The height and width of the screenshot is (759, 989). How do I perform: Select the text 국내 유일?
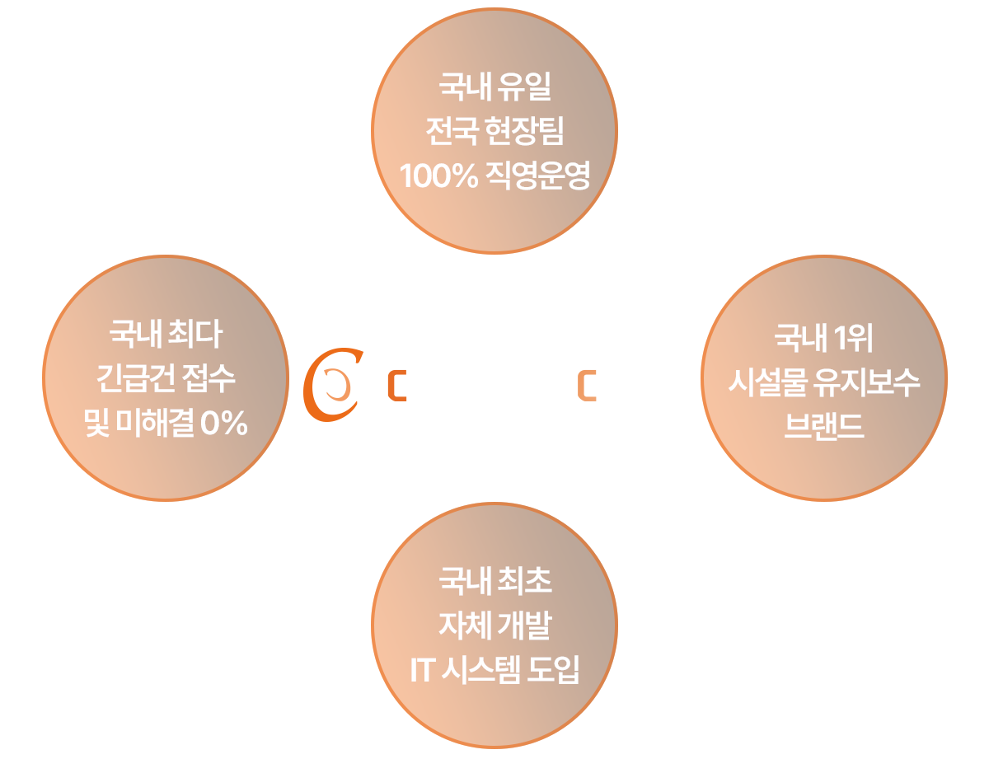coord(494,86)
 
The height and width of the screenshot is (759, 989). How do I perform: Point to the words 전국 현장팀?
coord(494,131)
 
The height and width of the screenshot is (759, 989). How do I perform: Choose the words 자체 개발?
coord(494,626)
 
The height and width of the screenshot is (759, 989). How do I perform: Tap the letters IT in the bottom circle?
coord(421,671)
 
